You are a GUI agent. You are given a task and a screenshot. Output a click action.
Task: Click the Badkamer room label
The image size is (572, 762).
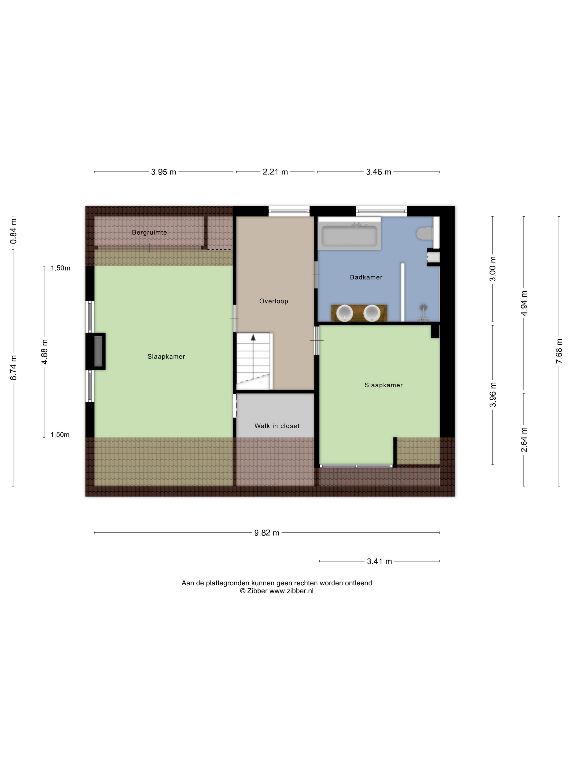point(366,277)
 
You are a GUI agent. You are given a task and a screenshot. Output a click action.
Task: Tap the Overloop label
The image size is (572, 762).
point(273,301)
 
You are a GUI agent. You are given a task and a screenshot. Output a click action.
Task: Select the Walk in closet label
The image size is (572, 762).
point(277,426)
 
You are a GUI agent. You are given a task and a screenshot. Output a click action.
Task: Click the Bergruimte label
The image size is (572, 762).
point(149,232)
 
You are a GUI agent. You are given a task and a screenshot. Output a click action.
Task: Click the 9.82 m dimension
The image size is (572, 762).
point(266,533)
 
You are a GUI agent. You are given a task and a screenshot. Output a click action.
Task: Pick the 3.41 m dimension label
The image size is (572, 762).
point(379,561)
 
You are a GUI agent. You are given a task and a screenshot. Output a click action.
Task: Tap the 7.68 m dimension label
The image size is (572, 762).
point(559,351)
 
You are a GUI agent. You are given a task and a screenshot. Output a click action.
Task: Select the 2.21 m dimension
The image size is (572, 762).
point(275,171)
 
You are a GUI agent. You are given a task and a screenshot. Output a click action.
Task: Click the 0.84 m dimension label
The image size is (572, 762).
point(13,231)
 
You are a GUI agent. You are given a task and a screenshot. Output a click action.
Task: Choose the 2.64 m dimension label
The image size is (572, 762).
point(524,440)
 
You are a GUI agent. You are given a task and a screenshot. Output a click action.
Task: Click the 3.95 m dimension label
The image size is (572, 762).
point(163,171)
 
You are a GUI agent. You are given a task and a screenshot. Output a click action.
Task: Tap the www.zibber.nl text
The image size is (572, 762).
point(291,591)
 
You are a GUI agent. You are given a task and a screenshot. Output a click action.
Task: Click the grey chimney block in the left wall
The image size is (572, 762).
point(98,351)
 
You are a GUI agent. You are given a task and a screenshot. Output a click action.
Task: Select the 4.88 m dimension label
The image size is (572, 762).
point(44,351)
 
